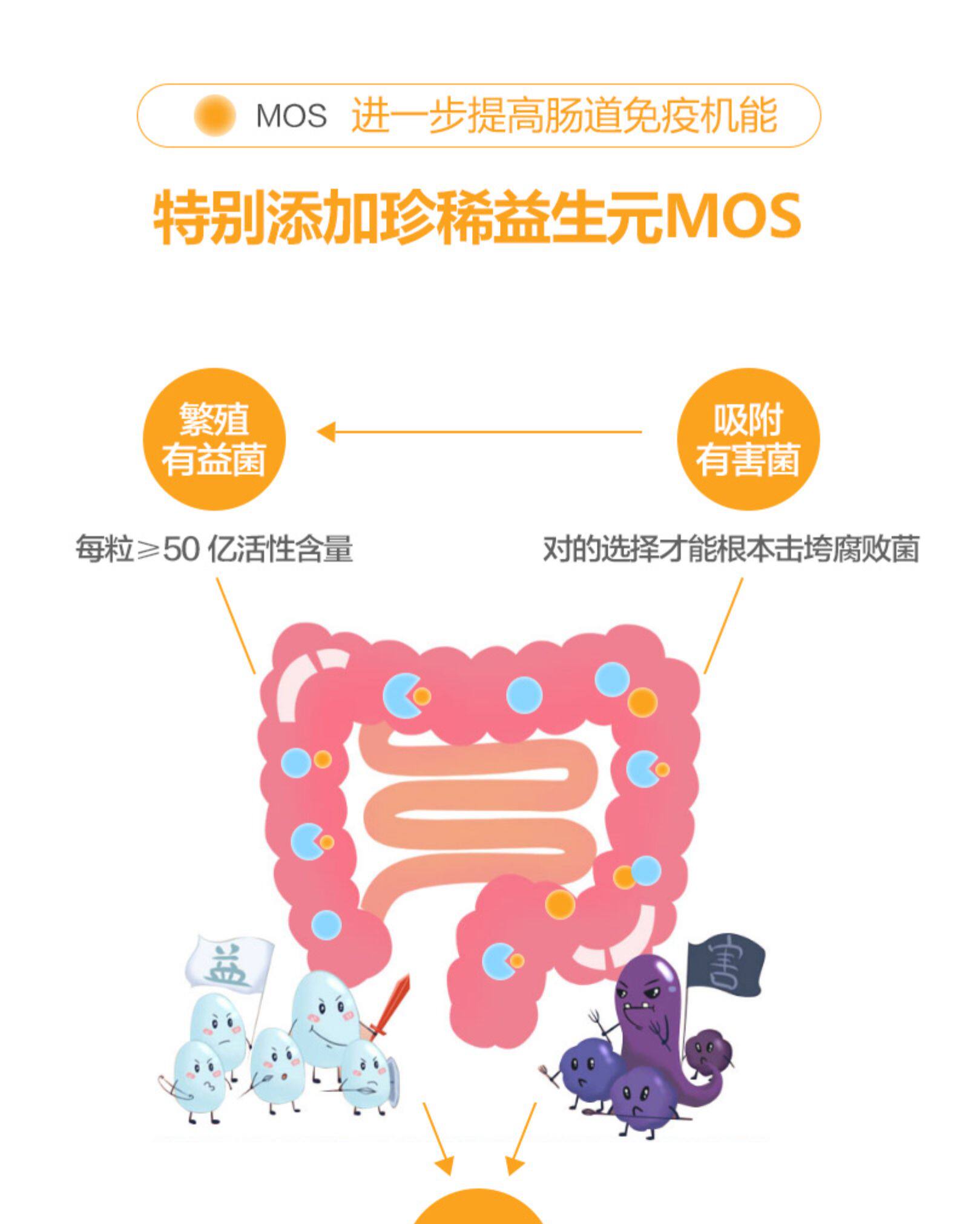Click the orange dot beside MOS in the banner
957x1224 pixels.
214,115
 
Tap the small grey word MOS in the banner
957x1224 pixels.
291,116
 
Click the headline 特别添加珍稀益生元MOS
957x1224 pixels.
478,217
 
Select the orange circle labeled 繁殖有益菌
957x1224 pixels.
214,439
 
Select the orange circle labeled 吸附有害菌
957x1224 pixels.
748,439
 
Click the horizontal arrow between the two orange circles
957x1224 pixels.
478,432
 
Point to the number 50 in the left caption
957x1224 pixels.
180,549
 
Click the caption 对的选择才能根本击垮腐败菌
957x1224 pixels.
731,549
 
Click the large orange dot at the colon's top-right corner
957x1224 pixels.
642,702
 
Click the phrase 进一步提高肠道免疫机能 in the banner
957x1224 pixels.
564,116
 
